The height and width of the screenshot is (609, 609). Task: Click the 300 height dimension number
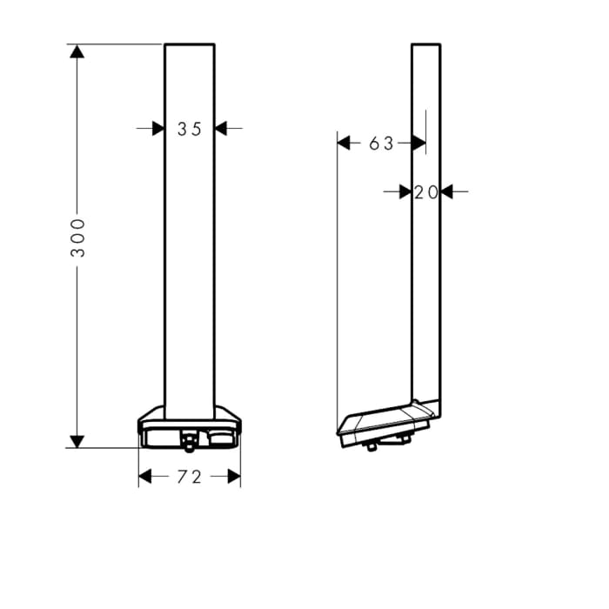point(78,237)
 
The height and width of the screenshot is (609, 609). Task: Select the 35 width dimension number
point(189,129)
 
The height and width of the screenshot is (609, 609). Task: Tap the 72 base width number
point(189,477)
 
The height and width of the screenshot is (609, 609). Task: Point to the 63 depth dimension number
point(381,144)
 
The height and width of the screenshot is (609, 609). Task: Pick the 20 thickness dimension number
point(425,192)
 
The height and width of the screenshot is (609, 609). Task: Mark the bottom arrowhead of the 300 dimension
point(77,441)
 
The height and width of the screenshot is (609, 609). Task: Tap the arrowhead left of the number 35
point(157,129)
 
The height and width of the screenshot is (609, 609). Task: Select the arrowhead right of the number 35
point(221,129)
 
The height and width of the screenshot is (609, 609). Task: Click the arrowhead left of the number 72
point(145,477)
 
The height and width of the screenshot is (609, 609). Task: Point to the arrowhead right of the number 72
point(233,477)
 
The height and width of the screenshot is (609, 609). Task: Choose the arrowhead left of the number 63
point(344,143)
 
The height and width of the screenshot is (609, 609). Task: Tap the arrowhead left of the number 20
point(405,191)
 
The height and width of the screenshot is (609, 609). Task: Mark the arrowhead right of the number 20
point(447,191)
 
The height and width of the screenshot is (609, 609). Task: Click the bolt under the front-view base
point(188,445)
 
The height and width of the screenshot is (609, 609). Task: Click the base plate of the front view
point(189,426)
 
